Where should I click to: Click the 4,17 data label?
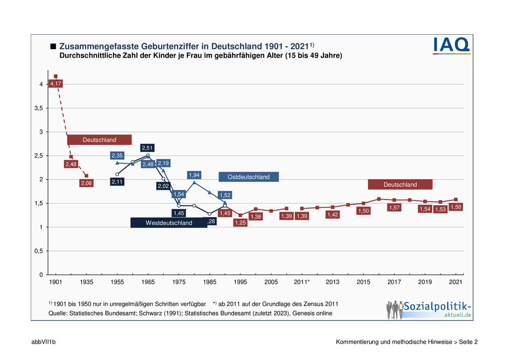[x=55, y=84]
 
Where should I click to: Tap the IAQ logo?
[x=451, y=45]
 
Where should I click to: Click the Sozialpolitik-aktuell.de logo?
[x=428, y=309]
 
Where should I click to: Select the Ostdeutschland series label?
[x=248, y=177]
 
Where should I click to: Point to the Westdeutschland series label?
[x=169, y=223]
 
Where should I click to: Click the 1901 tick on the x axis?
[x=55, y=282]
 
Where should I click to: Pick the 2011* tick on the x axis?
[x=302, y=282]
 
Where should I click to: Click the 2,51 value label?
[x=148, y=148]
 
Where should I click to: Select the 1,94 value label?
[x=194, y=175]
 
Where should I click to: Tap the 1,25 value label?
[x=240, y=222]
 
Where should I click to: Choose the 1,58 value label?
[x=456, y=207]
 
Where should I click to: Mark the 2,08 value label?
[x=86, y=183]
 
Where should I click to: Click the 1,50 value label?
[x=363, y=211]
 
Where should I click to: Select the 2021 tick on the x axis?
[x=456, y=282]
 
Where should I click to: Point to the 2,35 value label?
[x=117, y=155]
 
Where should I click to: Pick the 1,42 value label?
[x=333, y=215]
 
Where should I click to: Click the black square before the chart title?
[x=53, y=46]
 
